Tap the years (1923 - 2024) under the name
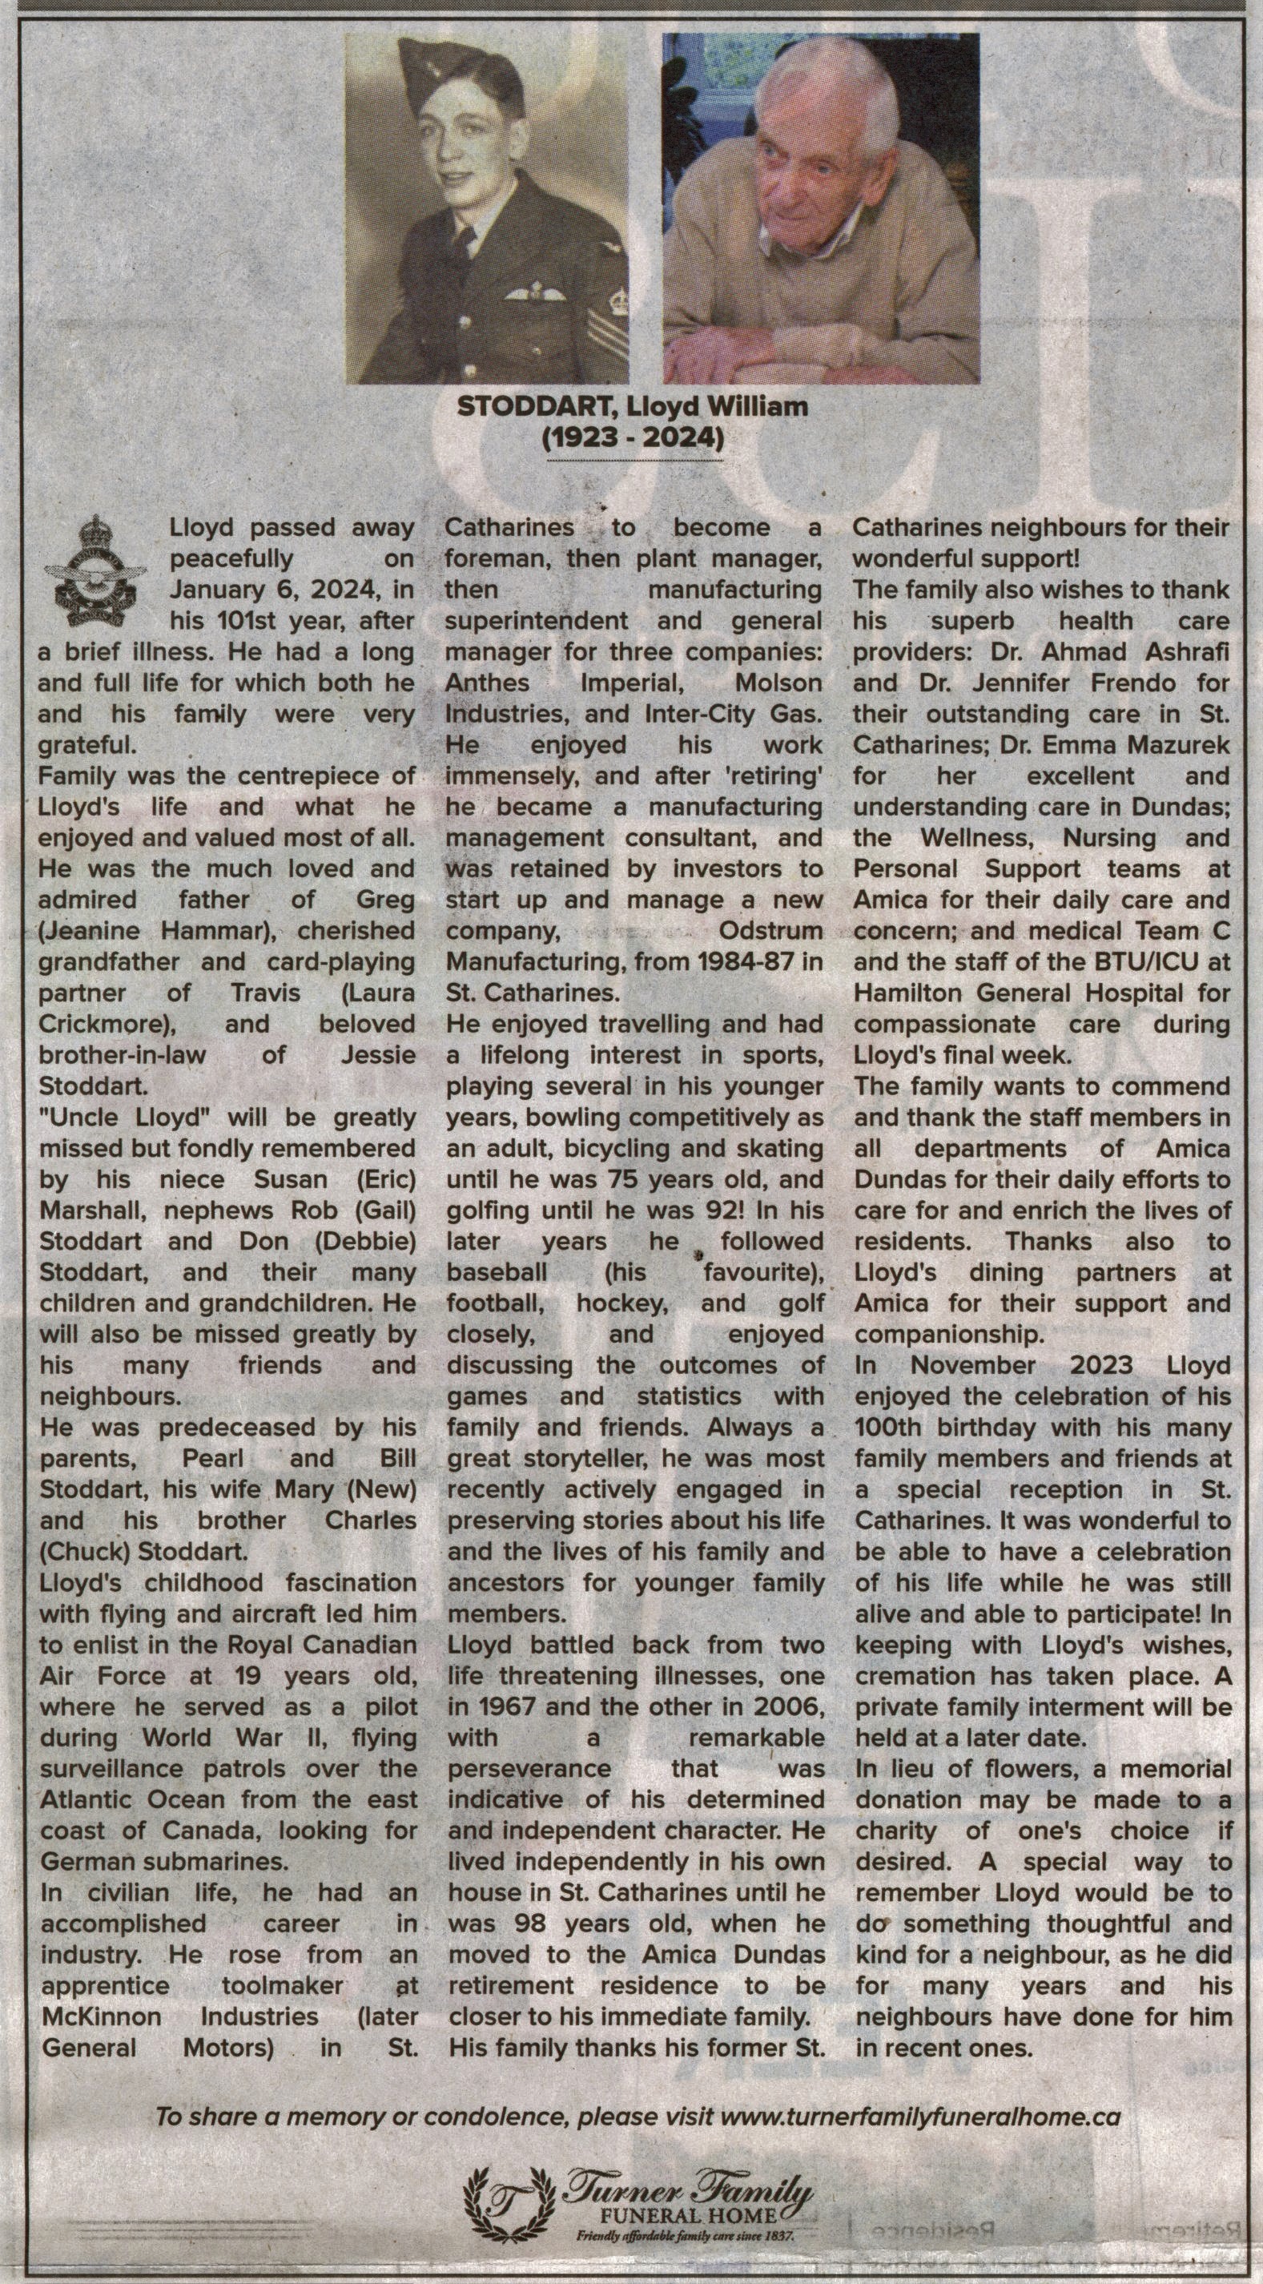click(633, 438)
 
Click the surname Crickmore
click(105, 1024)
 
